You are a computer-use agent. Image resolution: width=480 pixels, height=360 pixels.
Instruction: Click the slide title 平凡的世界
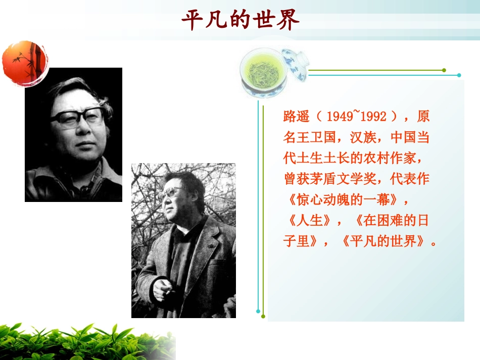click(240, 21)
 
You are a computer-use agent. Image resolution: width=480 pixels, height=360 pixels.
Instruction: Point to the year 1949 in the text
click(341, 117)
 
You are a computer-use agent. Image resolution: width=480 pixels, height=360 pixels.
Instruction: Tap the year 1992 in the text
click(373, 117)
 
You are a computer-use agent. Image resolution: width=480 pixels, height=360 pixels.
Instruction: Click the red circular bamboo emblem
click(25, 63)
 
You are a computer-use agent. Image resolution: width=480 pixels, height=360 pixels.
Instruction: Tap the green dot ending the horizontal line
click(444, 70)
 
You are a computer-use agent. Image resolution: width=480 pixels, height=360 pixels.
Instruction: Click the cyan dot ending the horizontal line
click(459, 75)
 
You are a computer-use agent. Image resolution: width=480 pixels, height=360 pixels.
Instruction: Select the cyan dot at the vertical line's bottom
click(258, 311)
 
